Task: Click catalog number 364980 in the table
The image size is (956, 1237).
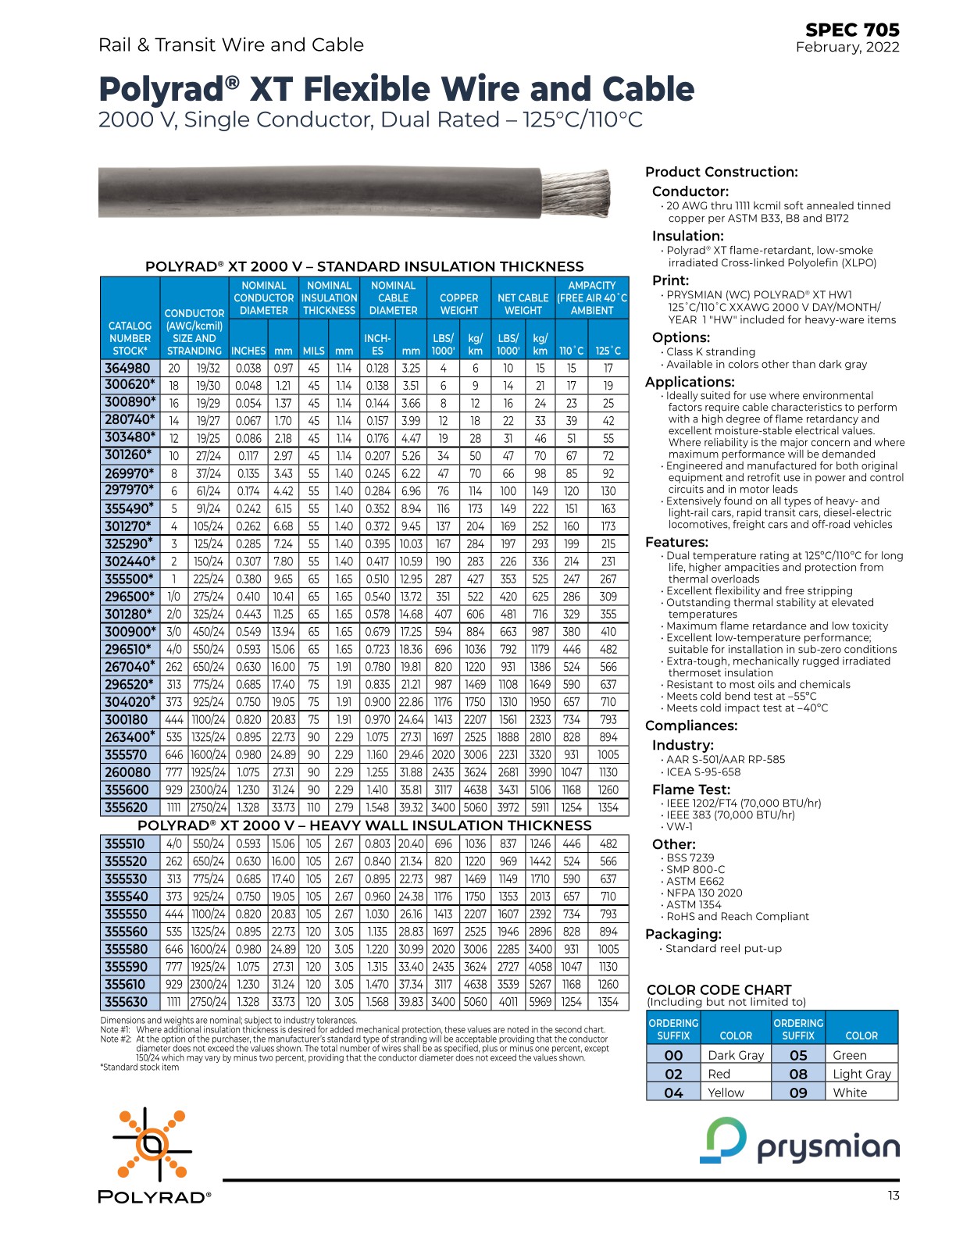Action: pyautogui.click(x=127, y=369)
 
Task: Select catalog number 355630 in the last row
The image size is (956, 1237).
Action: pyautogui.click(x=126, y=1002)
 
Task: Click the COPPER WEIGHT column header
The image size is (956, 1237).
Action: pyautogui.click(x=458, y=304)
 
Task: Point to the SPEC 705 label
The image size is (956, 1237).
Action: pyautogui.click(x=852, y=30)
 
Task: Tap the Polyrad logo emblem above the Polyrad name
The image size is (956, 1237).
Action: pyautogui.click(x=152, y=1143)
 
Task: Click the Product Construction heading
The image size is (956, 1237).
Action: pyautogui.click(x=721, y=173)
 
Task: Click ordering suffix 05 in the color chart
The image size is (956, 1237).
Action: pyautogui.click(x=797, y=1055)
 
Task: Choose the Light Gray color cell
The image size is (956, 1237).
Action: pyautogui.click(x=861, y=1074)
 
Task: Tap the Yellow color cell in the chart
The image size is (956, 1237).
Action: pyautogui.click(x=726, y=1093)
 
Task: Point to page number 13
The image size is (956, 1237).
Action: pyautogui.click(x=893, y=1196)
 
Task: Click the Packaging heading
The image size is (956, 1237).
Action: pyautogui.click(x=683, y=934)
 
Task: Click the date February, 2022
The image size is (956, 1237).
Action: pyautogui.click(x=847, y=48)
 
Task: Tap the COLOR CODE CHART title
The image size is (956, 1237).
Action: pyautogui.click(x=719, y=989)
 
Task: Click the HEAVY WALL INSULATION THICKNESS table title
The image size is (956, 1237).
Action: pyautogui.click(x=364, y=825)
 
